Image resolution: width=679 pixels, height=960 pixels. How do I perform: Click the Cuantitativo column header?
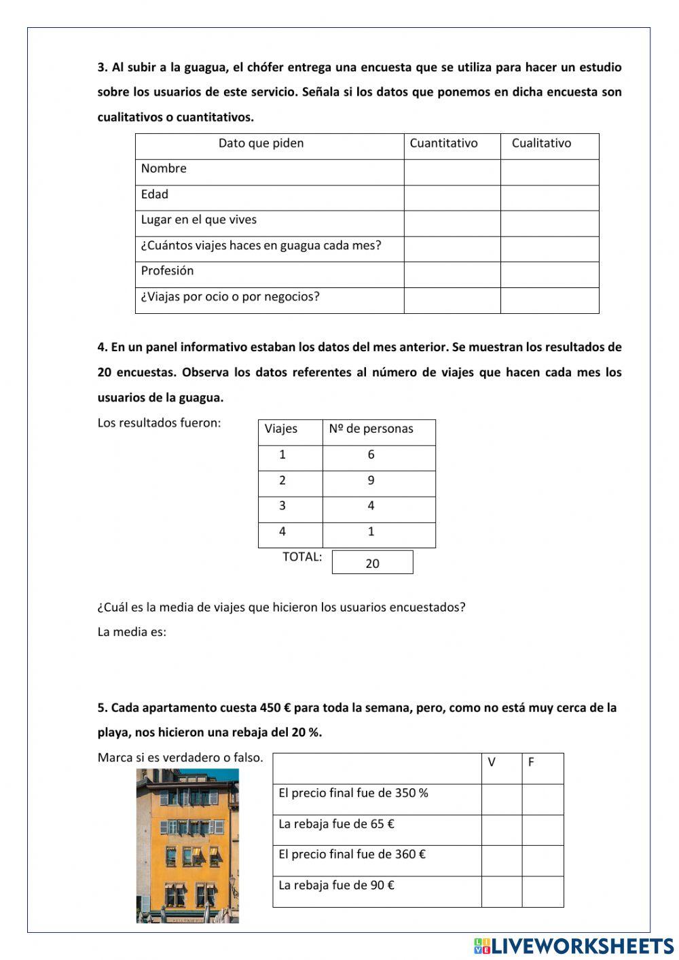[443, 143]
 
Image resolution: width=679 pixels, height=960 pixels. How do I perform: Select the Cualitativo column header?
[541, 143]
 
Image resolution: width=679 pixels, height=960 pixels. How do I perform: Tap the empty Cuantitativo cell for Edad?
[452, 198]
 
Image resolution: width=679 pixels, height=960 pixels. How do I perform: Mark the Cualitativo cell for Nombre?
[549, 173]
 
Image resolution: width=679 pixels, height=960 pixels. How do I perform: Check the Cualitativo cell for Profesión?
[549, 274]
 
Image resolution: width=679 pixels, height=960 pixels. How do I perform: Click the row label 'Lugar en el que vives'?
[199, 220]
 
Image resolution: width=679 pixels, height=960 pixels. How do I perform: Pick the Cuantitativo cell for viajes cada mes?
[452, 249]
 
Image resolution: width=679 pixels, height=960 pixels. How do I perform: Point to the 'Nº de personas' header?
[371, 429]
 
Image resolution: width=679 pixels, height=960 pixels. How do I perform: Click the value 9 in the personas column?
[371, 480]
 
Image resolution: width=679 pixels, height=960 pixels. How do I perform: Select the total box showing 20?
[372, 563]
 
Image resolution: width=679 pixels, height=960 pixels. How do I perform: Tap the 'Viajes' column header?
[281, 429]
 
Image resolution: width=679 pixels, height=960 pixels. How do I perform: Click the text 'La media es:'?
[132, 632]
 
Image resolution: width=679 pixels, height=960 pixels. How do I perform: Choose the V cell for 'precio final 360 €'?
[502, 861]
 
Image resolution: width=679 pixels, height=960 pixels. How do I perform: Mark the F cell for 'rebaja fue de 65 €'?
[543, 830]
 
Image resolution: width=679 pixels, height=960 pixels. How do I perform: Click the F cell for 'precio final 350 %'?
[543, 800]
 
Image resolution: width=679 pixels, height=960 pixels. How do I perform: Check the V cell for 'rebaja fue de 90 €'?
[502, 891]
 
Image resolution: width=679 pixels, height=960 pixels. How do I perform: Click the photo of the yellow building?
[187, 845]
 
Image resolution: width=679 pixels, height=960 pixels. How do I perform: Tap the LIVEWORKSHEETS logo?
[574, 946]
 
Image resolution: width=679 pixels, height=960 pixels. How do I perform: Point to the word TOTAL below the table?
[302, 557]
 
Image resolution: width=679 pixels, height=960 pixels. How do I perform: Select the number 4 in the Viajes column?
[282, 532]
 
